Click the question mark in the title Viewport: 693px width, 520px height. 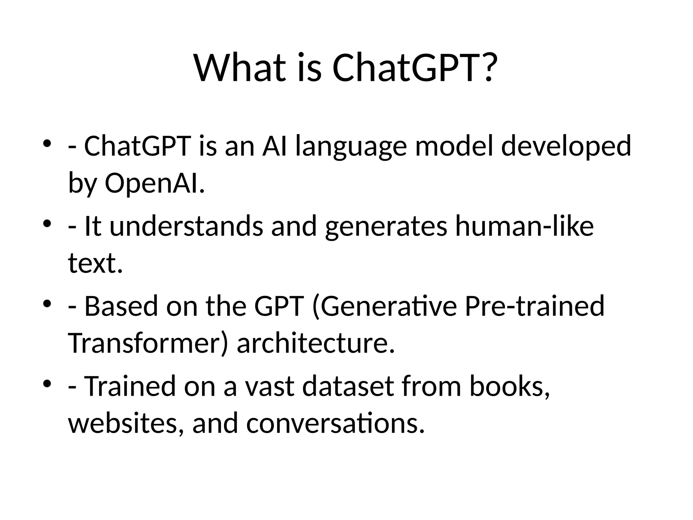coord(488,68)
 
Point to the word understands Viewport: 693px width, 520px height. coord(186,226)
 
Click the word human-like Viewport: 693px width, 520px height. coord(524,226)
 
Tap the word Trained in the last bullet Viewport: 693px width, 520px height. coord(130,386)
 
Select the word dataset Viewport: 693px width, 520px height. coord(348,386)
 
